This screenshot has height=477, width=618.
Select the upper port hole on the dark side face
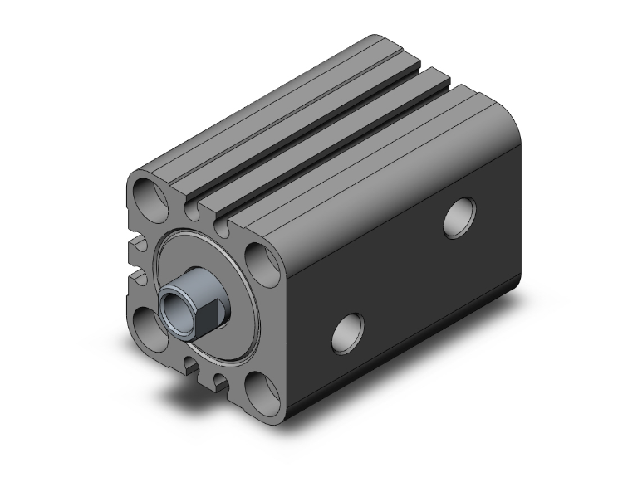(459, 217)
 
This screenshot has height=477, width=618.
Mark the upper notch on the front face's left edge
(131, 243)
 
